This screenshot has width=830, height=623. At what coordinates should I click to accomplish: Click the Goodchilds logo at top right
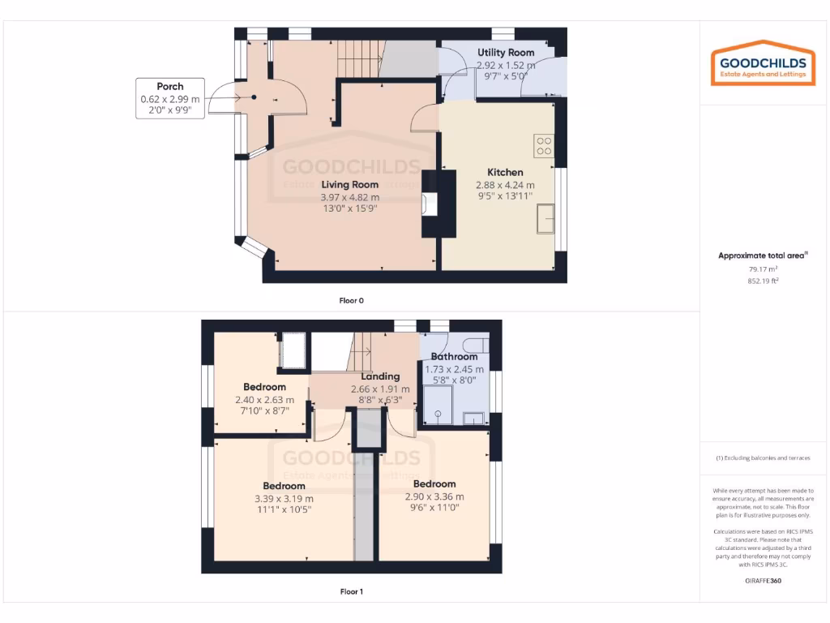tap(759, 64)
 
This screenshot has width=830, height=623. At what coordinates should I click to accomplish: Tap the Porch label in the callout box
tap(170, 86)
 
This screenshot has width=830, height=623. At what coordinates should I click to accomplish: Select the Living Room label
tap(349, 185)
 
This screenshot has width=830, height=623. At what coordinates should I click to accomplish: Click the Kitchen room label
tap(505, 172)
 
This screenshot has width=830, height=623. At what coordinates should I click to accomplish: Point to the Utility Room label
tap(506, 53)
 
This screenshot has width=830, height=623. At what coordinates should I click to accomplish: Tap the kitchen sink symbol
tap(545, 219)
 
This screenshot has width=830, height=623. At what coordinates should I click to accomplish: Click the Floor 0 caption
tap(351, 301)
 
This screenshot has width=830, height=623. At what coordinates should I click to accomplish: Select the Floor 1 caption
tap(351, 591)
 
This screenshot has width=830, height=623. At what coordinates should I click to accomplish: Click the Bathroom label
tap(454, 357)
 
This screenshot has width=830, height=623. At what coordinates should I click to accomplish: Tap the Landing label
tap(380, 376)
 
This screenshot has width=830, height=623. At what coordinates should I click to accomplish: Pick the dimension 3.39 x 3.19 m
tap(284, 498)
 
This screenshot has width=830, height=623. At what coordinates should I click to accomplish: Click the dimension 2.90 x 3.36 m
tap(434, 496)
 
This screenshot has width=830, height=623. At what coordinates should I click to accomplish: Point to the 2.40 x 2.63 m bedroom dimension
tap(265, 399)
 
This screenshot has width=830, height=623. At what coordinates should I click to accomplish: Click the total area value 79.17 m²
tap(762, 269)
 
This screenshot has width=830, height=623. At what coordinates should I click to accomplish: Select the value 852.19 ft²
tap(762, 281)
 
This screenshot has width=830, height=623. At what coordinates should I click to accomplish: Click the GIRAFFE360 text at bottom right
tap(762, 581)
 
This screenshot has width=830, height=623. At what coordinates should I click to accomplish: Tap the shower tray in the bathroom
tap(439, 405)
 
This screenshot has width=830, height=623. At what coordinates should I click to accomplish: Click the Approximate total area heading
tap(762, 256)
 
